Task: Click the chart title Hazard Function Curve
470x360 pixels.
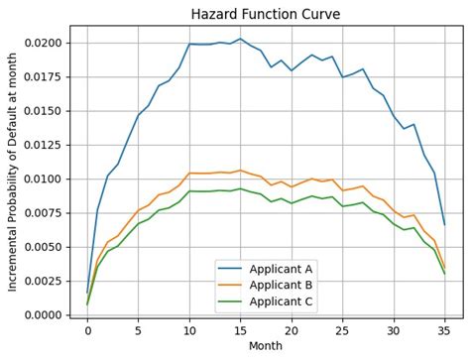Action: (x=266, y=14)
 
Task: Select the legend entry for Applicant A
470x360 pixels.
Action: (x=280, y=268)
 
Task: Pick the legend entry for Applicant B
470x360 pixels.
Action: (x=280, y=285)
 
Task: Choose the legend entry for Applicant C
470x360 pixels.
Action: (x=280, y=301)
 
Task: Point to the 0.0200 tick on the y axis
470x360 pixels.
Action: (x=43, y=43)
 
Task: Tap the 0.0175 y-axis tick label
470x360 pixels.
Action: (x=43, y=77)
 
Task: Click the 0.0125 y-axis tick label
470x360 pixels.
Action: (x=43, y=145)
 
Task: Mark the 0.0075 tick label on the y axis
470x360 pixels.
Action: (x=43, y=213)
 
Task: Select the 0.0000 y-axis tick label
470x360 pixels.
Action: (x=43, y=315)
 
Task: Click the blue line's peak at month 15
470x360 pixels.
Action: (x=240, y=39)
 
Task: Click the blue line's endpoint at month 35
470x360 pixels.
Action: (x=444, y=224)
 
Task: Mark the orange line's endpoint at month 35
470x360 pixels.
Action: (x=444, y=268)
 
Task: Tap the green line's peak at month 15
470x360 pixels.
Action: (x=240, y=188)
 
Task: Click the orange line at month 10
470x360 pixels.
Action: (x=189, y=174)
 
